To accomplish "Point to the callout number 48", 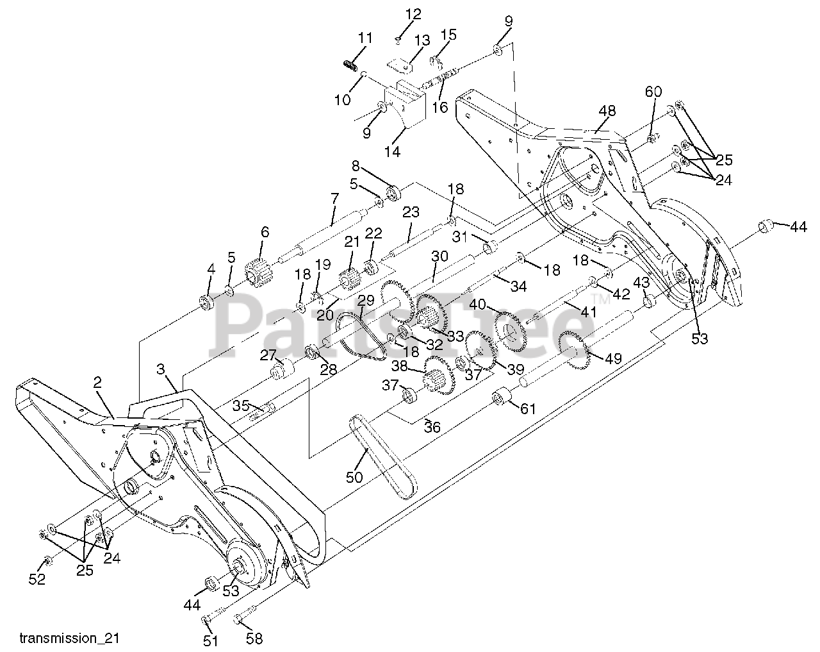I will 607,111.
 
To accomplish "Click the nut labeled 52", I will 46,562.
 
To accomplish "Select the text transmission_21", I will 69,639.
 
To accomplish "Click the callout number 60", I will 653,92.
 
